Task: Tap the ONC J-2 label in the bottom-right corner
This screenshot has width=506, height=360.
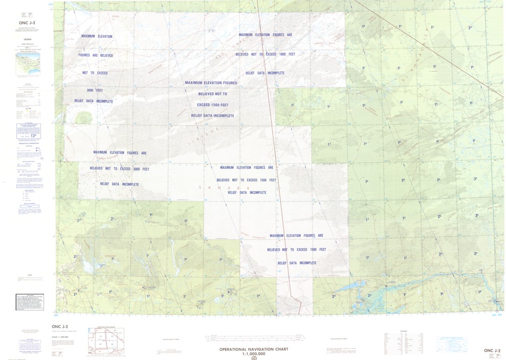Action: point(492,350)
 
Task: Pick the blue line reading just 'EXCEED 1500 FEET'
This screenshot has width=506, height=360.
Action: point(213,105)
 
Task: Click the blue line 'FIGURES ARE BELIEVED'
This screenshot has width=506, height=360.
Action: point(96,55)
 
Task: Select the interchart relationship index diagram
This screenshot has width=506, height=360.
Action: point(106,338)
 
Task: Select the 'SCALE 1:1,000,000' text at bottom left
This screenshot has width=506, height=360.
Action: point(62,337)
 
